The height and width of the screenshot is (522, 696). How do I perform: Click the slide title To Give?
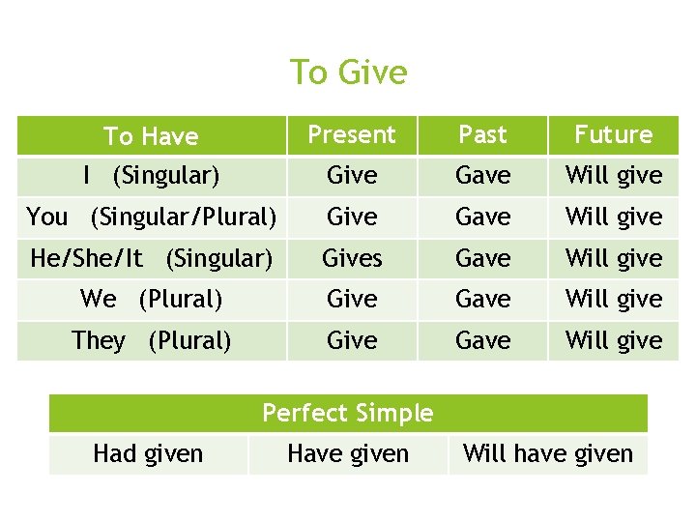(348, 72)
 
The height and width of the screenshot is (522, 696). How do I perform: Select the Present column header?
(352, 134)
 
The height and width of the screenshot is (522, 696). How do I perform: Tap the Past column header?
(482, 134)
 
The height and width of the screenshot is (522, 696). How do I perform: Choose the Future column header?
(614, 134)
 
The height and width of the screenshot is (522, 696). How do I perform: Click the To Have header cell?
(151, 136)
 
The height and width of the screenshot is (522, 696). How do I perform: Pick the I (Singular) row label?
(151, 176)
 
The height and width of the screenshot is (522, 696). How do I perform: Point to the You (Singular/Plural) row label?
(151, 217)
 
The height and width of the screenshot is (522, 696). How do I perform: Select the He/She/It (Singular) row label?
(151, 258)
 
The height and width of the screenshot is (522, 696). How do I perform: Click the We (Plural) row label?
(151, 299)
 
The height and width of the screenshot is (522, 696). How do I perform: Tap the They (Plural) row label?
(151, 340)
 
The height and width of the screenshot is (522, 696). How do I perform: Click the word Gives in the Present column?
(352, 258)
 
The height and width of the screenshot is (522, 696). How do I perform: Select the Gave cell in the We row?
(482, 299)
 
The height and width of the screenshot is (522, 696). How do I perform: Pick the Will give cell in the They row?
(614, 340)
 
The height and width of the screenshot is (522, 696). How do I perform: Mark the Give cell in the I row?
(352, 176)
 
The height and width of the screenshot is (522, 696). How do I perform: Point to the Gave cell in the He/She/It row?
(482, 258)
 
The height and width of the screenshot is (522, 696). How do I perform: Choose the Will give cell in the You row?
(614, 217)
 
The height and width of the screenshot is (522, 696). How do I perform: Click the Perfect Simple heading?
(348, 413)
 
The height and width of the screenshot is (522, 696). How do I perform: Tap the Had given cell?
(148, 453)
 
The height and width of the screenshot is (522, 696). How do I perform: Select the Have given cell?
(348, 453)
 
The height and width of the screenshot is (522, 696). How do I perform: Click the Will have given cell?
(548, 453)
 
